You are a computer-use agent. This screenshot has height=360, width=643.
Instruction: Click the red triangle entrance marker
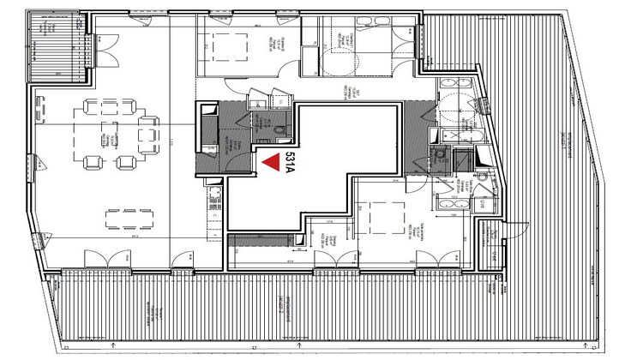(x=271, y=161)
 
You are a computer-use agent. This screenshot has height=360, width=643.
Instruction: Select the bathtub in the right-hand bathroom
(x=460, y=136)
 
